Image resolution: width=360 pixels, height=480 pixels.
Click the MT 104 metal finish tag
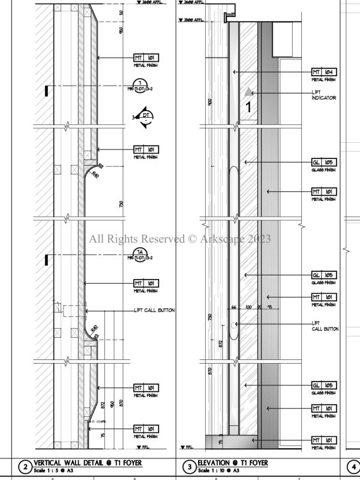pos(323,72)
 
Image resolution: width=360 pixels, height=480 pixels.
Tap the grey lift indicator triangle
pos(248,91)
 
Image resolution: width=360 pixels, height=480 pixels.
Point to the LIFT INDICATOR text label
pos(323,94)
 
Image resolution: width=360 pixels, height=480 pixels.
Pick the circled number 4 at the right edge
pos(353,467)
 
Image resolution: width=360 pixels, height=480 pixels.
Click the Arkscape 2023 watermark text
pos(180,239)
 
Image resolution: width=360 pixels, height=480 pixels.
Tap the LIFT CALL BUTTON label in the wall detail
pos(154,310)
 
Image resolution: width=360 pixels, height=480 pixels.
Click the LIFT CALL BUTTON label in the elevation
pos(325,326)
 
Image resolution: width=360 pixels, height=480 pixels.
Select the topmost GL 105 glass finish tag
pos(323,163)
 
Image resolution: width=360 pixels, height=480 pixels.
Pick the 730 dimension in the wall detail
pos(121,204)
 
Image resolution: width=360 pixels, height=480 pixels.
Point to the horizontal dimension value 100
pos(248,307)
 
